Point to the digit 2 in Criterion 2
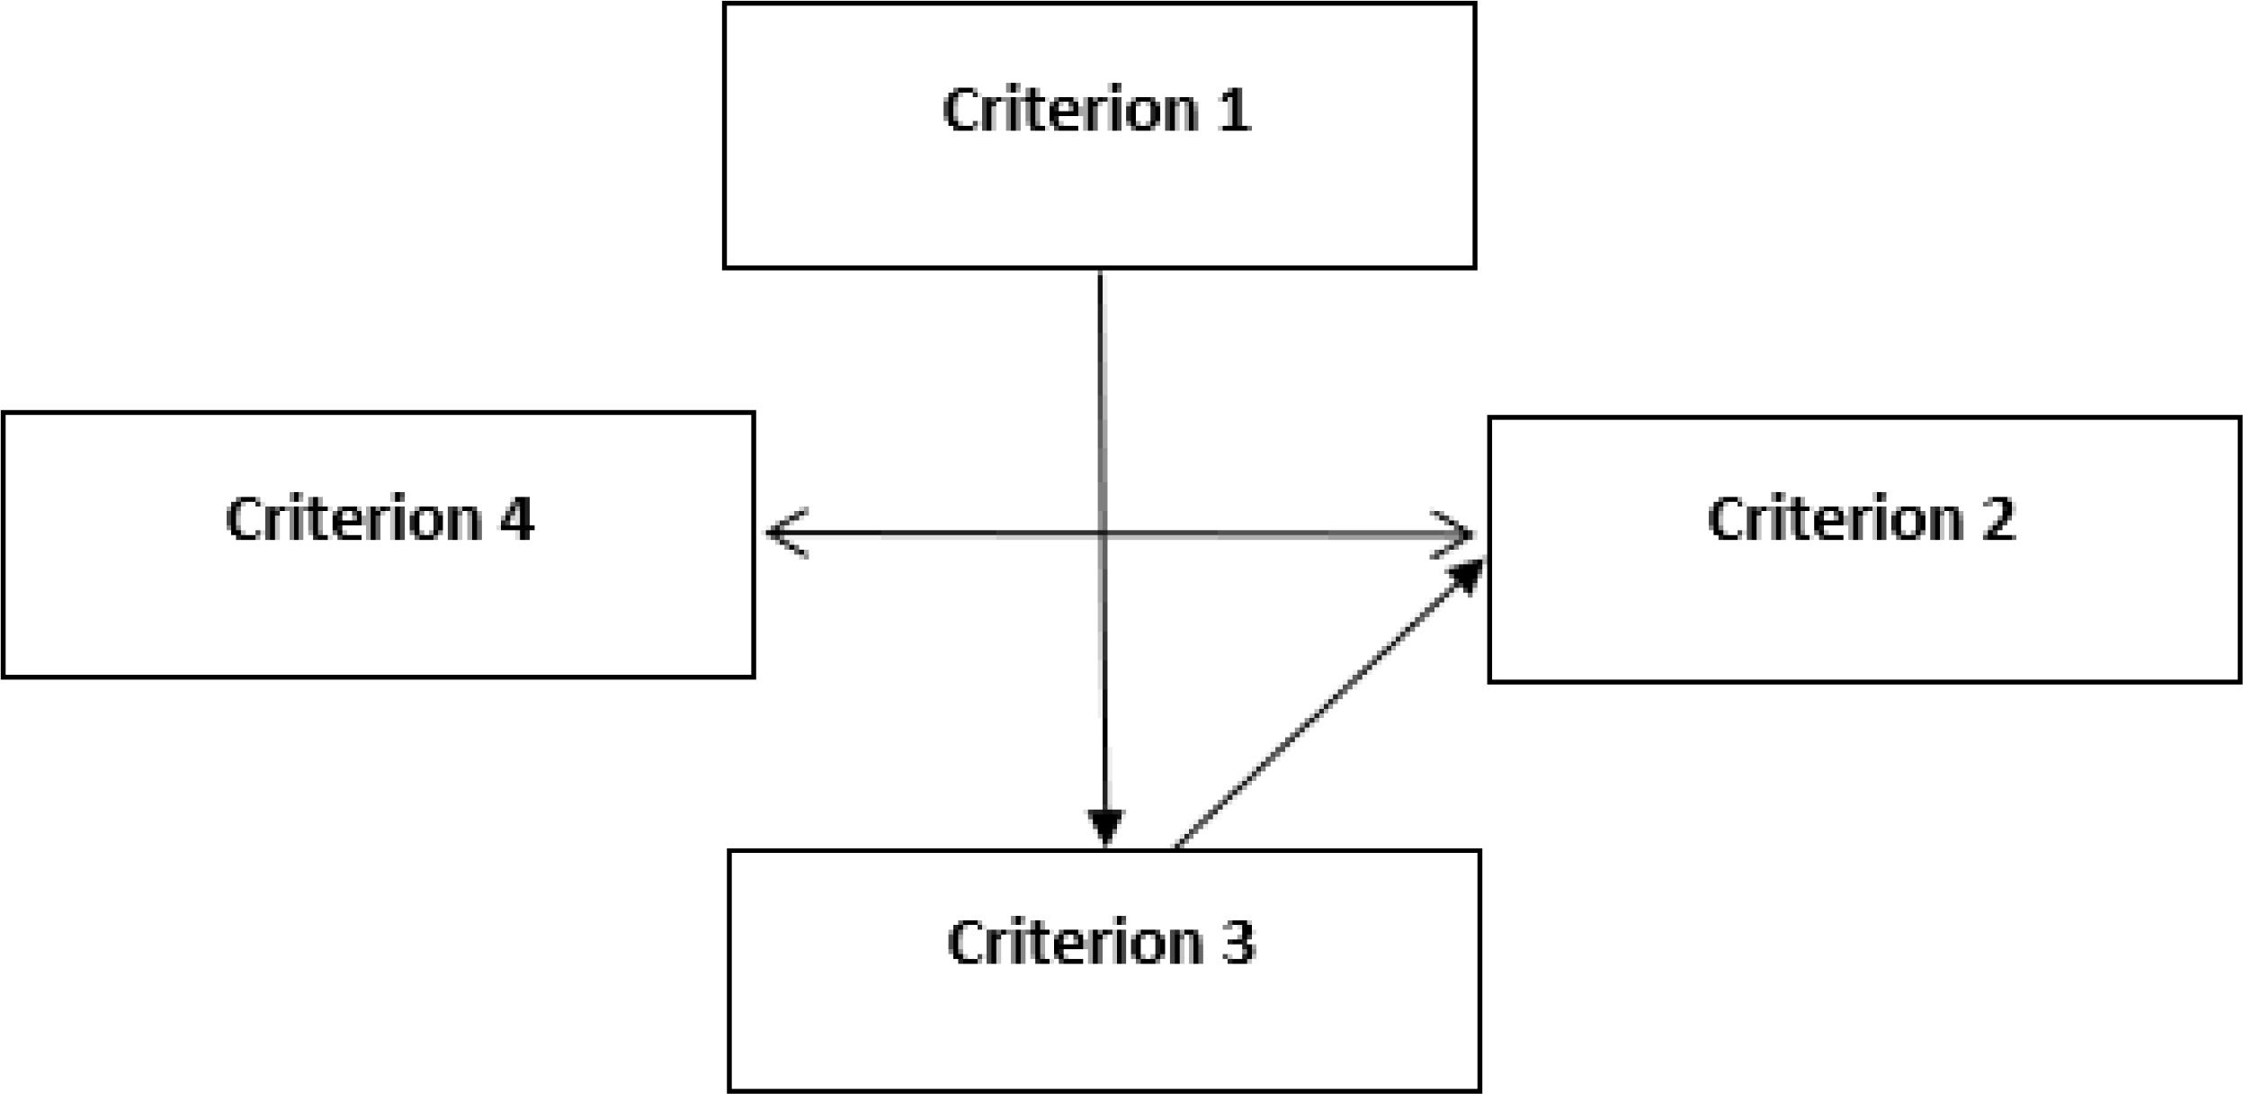coord(1997,519)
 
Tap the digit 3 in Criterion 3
coord(1238,942)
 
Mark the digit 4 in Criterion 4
coord(516,519)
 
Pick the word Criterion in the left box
coord(353,519)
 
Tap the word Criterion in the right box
coord(1836,519)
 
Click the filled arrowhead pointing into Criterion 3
coord(1105,826)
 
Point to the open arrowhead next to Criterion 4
coord(784,533)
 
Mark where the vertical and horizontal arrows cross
coord(1103,534)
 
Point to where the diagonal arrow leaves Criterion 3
coord(1177,846)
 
